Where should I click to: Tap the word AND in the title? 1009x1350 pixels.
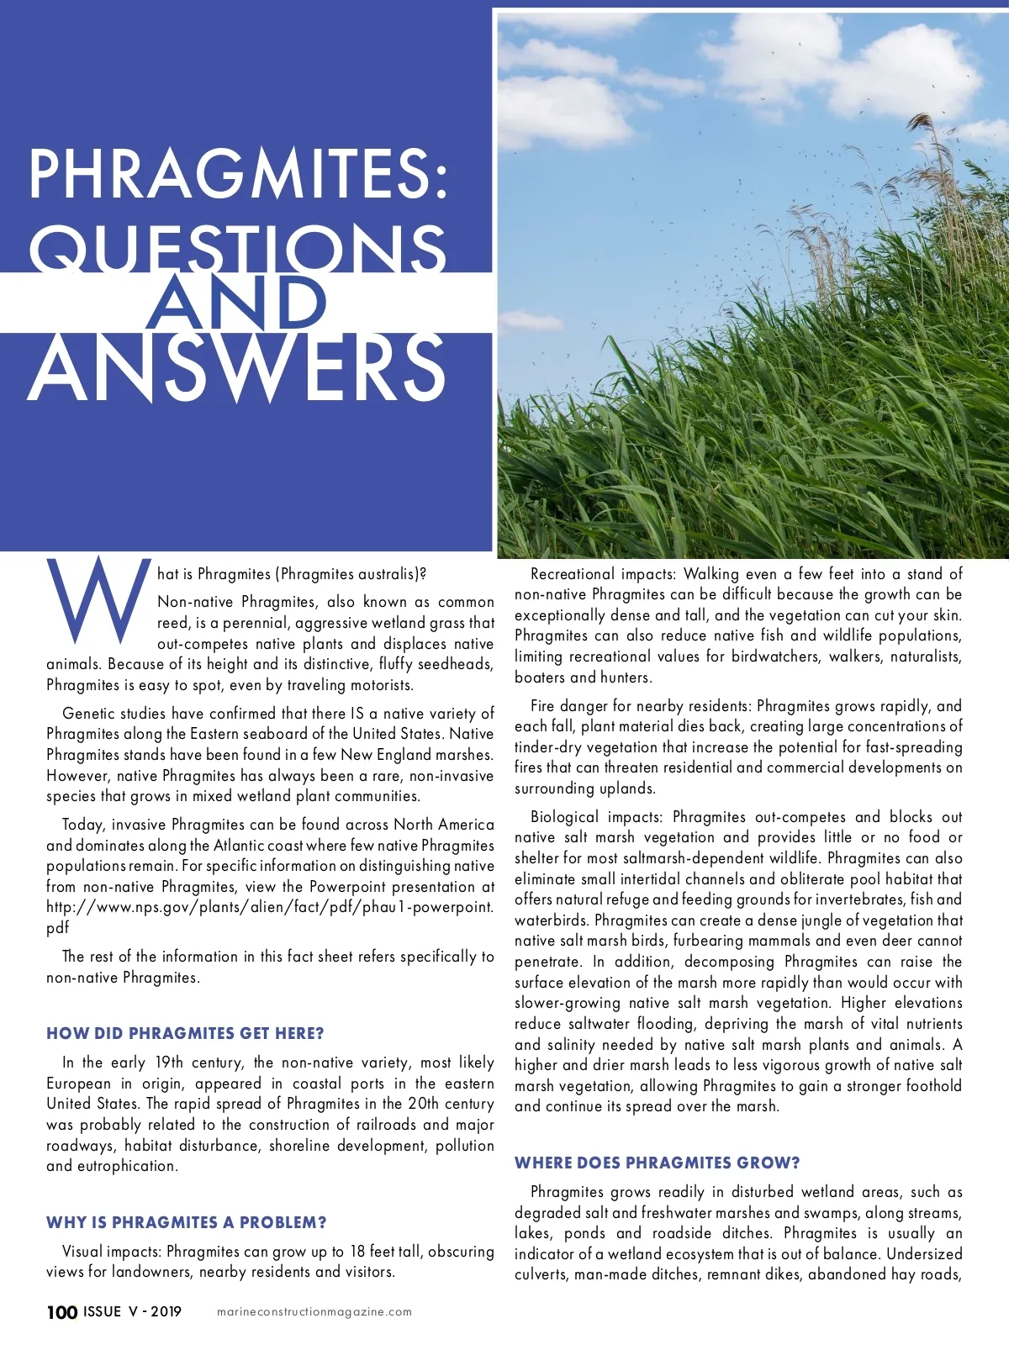pos(236,303)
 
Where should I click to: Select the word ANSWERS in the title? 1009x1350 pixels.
pos(237,368)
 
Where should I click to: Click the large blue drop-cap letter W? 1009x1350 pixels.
pos(98,599)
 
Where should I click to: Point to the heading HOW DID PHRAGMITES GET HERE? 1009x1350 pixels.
pos(185,1033)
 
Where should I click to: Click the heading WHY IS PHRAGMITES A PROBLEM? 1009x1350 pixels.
pos(187,1222)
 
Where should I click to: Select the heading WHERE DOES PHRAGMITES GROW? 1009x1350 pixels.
pos(657,1163)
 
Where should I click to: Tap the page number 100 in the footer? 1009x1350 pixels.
pos(61,1312)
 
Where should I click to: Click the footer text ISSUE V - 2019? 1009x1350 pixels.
pos(132,1311)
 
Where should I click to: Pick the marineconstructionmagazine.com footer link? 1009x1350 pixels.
pos(314,1312)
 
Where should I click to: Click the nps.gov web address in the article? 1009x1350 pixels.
pos(269,907)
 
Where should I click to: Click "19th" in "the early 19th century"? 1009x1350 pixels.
pos(169,1063)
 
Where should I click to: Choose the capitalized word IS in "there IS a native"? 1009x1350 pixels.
pos(357,714)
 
